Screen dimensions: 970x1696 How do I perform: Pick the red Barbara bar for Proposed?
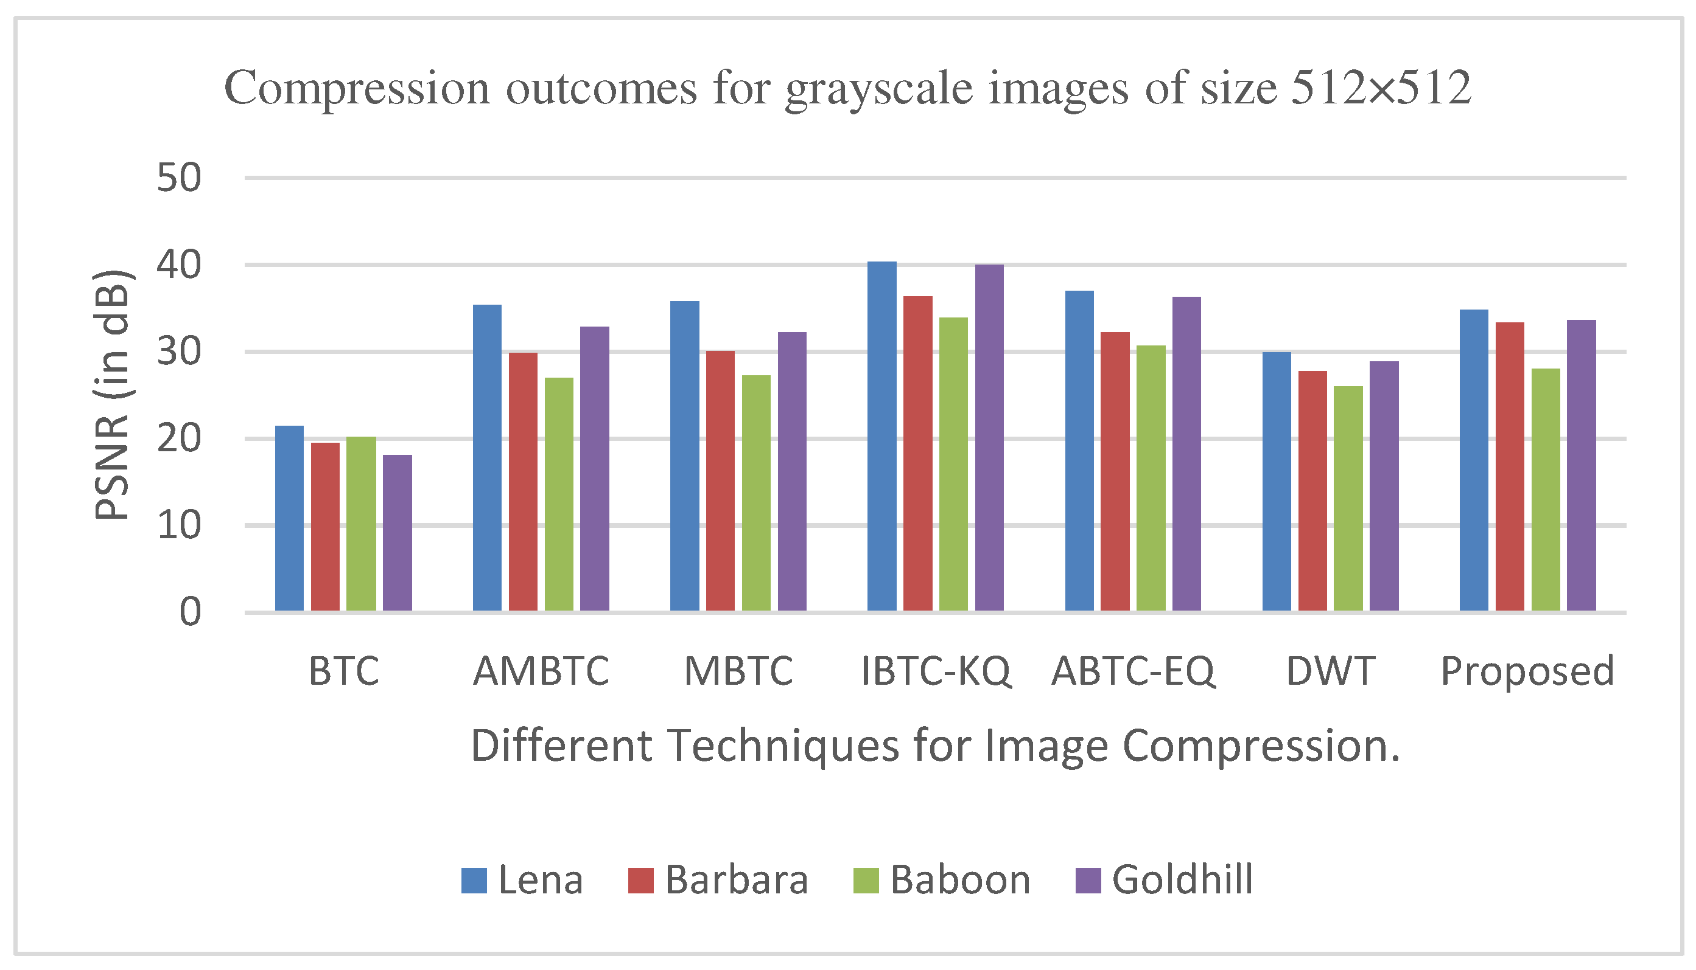pyautogui.click(x=1510, y=466)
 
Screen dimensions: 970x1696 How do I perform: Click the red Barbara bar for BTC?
pyautogui.click(x=325, y=526)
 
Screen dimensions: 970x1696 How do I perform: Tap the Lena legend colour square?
pyautogui.click(x=474, y=880)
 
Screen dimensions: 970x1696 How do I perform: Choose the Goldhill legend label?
pyautogui.click(x=1182, y=879)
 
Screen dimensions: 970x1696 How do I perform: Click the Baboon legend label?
pyautogui.click(x=960, y=879)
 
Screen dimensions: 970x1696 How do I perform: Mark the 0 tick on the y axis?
pyautogui.click(x=190, y=612)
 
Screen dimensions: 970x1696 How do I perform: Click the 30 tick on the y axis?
pyautogui.click(x=178, y=351)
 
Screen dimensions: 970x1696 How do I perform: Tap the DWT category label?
pyautogui.click(x=1330, y=671)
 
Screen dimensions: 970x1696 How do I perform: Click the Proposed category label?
pyautogui.click(x=1527, y=671)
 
